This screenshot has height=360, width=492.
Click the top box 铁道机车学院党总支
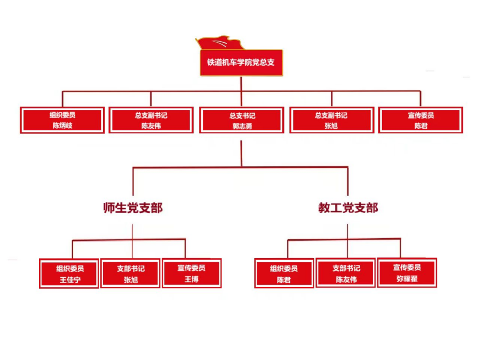point(241,62)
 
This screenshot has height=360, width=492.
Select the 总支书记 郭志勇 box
point(241,120)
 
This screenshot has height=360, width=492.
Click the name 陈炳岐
point(62,126)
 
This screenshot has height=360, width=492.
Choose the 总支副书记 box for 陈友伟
point(151,120)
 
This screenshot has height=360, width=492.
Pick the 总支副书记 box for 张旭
point(331,120)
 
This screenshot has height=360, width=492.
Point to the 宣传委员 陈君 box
point(420,120)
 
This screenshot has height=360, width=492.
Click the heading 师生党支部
point(133,208)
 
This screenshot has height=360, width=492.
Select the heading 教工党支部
point(348,208)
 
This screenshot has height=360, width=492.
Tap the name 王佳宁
point(69,279)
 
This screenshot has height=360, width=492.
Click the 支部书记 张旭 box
point(131,273)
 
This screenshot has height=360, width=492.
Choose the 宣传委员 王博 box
point(192,273)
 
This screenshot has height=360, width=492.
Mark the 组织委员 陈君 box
point(284,273)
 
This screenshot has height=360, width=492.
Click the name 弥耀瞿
point(407,279)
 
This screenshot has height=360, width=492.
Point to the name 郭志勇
point(241,127)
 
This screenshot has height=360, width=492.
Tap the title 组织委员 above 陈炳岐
point(62,115)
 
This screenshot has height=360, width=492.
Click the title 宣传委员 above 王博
point(192,268)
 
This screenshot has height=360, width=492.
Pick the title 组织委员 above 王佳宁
point(69,268)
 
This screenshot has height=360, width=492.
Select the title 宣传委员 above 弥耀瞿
point(407,267)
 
